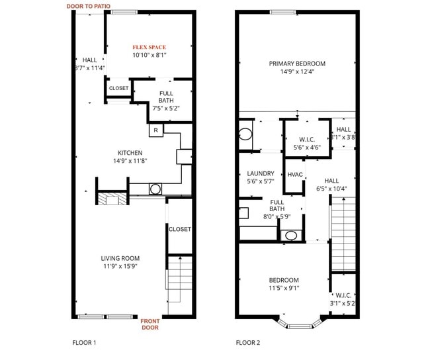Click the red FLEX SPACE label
(149, 47)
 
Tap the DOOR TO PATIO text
(89, 6)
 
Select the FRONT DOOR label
(150, 324)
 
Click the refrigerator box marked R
(155, 130)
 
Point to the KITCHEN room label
(130, 153)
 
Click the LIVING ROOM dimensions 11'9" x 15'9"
(120, 267)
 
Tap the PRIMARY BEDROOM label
(297, 64)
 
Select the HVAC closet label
(295, 175)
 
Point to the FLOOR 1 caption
(84, 343)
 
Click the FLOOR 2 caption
(248, 343)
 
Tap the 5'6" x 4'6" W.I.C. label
(306, 144)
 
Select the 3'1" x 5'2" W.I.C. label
(343, 299)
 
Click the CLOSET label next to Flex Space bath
(119, 88)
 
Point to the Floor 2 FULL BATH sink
(290, 235)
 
